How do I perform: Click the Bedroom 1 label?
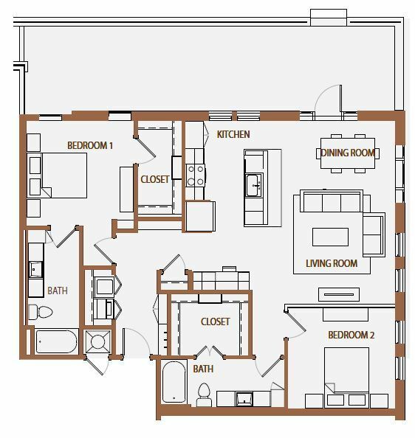[90, 145]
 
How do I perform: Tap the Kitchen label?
[233, 134]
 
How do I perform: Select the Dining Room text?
[348, 153]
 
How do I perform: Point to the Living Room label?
[332, 263]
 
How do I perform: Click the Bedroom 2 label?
[351, 335]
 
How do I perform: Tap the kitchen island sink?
[253, 185]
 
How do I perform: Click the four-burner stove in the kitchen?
[196, 175]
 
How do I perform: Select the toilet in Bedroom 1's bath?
[41, 312]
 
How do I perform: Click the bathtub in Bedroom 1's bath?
[56, 341]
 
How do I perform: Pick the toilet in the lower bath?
[204, 394]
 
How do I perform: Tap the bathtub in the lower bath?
[174, 382]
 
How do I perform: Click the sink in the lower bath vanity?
[244, 399]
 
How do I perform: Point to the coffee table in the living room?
[330, 237]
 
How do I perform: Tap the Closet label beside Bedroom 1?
[154, 179]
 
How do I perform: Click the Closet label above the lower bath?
[215, 321]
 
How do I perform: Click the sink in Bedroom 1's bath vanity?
[35, 269]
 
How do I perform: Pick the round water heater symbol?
[97, 341]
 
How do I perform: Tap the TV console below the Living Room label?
[339, 294]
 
